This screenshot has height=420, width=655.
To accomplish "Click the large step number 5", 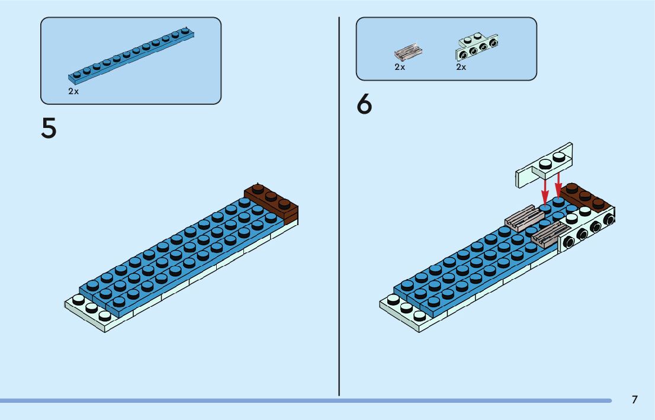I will [x=49, y=129].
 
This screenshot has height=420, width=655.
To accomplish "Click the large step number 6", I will [x=365, y=105].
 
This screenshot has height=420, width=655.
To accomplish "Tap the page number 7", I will [x=635, y=399].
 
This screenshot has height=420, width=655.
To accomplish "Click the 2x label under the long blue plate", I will [x=73, y=92].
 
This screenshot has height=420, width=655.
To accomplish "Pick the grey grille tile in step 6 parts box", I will [x=409, y=53].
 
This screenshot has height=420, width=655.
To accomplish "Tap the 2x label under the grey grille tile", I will [x=400, y=68].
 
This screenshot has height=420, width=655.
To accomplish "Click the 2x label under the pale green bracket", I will [x=461, y=68].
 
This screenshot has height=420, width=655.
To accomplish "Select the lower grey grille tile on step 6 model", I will [x=549, y=236].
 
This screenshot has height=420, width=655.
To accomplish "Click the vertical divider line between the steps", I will [x=339, y=207].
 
